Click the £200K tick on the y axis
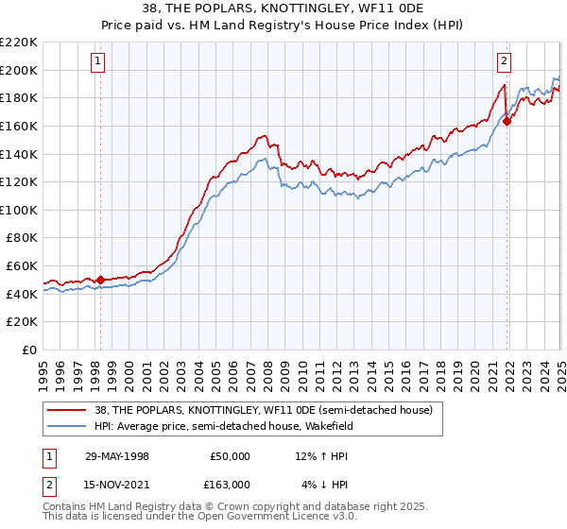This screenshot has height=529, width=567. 19,69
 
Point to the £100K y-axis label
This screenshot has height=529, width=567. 19,210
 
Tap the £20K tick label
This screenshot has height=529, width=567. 22,321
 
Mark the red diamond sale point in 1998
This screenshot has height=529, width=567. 101,280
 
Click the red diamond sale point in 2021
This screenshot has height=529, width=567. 507,120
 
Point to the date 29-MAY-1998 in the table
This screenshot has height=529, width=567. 117,456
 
